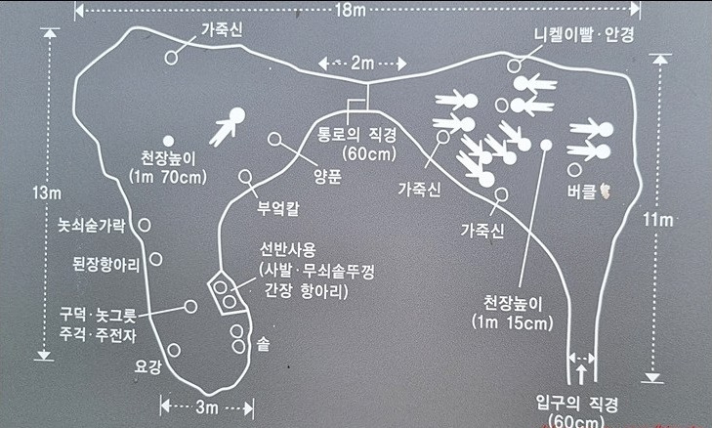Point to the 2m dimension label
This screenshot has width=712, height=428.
pos(361,64)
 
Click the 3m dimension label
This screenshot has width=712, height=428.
pos(206,406)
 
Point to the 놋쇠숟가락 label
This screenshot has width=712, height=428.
pos(92,226)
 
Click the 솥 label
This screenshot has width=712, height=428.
pos(263,343)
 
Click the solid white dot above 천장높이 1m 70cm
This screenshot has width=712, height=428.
pos(168,140)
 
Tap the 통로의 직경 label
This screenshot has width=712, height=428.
pos(366,134)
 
